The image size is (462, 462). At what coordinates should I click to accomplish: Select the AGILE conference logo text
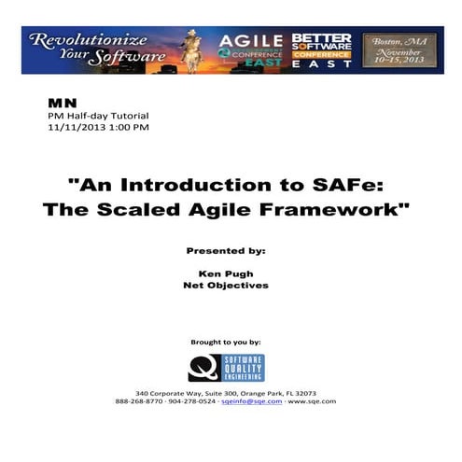click(x=250, y=41)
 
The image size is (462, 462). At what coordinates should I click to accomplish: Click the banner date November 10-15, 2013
click(x=399, y=59)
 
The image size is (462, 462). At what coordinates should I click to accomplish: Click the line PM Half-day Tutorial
click(x=87, y=114)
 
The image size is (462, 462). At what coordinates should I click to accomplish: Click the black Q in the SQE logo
click(x=202, y=367)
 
